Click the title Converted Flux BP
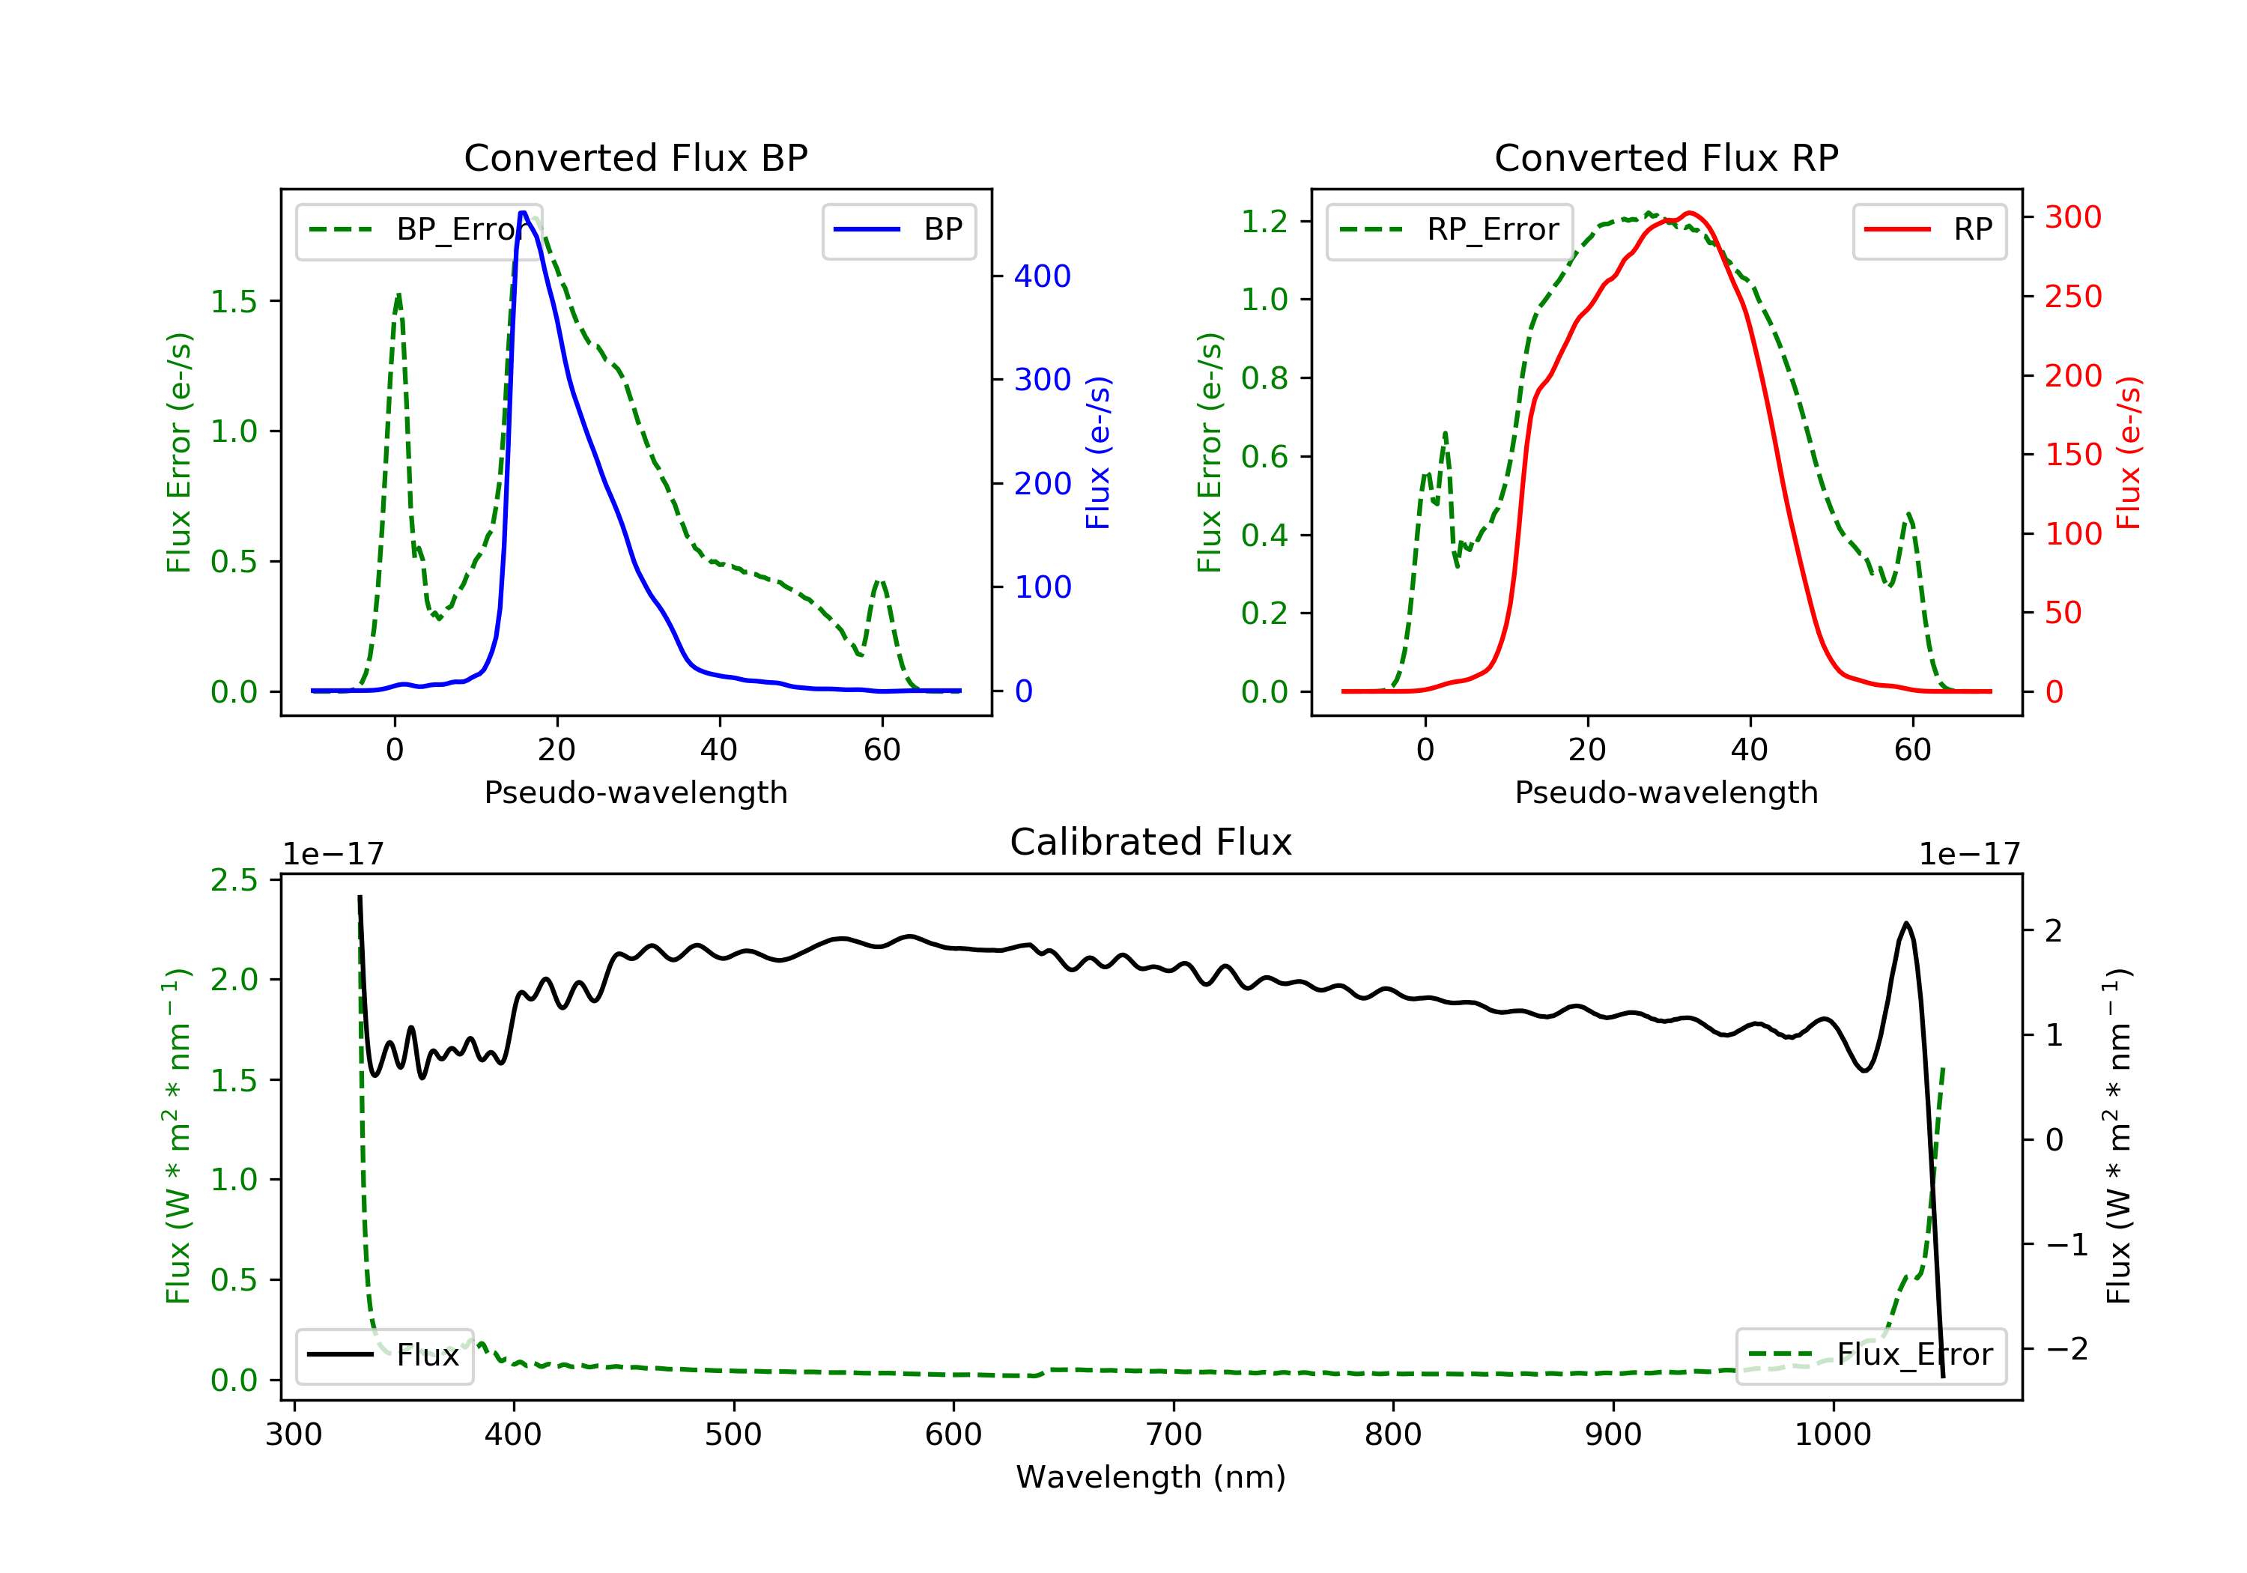[x=635, y=157]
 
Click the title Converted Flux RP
[x=1666, y=157]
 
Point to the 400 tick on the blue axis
[x=1041, y=276]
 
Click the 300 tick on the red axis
[x=2072, y=217]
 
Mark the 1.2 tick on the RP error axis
[x=1264, y=221]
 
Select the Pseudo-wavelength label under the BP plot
[x=635, y=792]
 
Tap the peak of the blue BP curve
[x=524, y=213]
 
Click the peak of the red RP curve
[x=1690, y=213]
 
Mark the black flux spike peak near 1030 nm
[x=1905, y=923]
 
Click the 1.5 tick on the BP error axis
[x=233, y=301]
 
